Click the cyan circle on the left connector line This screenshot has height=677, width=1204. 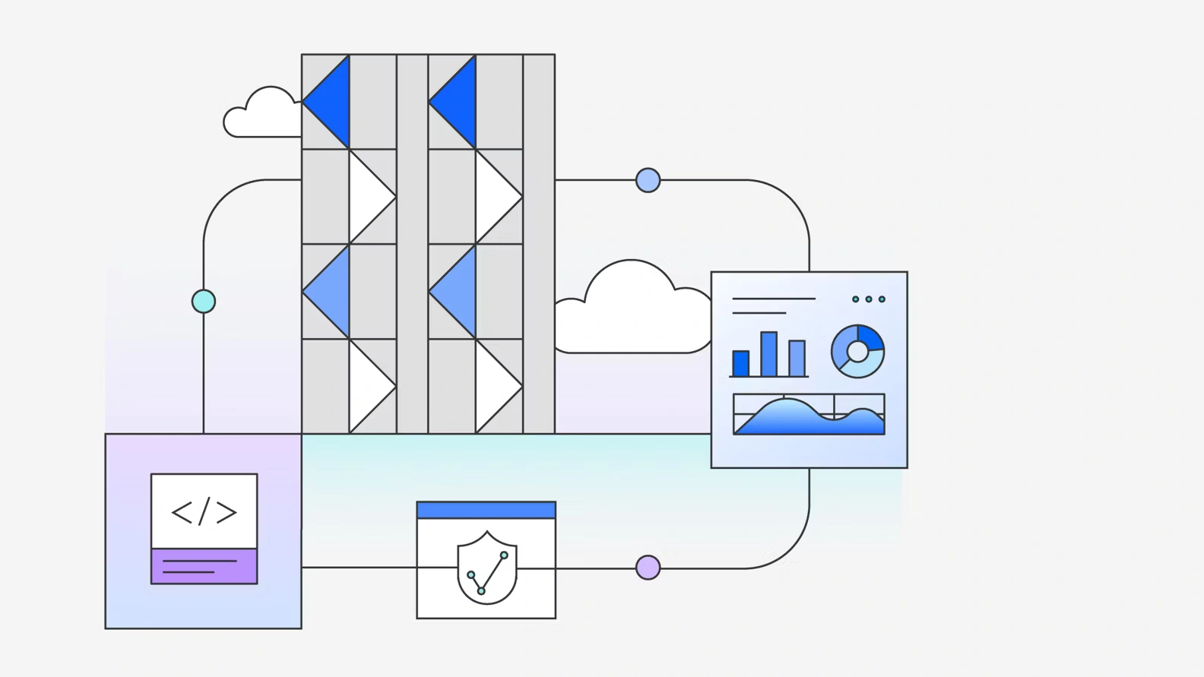(204, 302)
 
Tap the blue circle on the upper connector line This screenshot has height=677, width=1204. (648, 180)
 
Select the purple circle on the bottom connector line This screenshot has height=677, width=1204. (648, 568)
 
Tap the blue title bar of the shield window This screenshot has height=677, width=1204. (486, 510)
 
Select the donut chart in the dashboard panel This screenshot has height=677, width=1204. (857, 351)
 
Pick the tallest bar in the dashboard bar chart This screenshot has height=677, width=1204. (768, 354)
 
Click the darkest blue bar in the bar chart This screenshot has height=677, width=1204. (740, 363)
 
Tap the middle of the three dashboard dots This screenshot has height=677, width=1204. (869, 299)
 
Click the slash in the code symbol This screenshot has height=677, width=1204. (204, 512)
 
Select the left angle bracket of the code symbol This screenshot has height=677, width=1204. (182, 512)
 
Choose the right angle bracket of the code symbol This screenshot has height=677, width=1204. (227, 512)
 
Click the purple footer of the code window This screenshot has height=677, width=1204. (204, 566)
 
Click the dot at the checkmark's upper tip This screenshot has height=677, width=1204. (504, 555)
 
